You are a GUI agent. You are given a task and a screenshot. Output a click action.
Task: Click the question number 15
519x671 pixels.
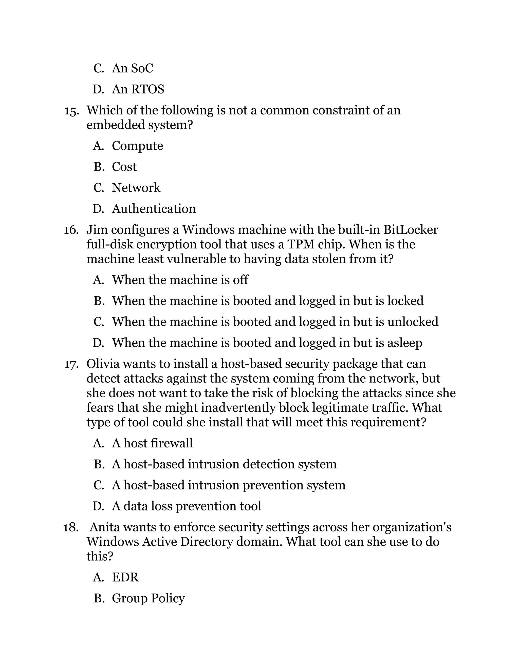pyautogui.click(x=71, y=111)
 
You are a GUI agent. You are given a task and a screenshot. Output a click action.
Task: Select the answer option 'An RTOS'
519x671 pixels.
pyautogui.click(x=138, y=89)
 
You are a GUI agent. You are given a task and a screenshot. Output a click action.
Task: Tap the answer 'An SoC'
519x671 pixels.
pyautogui.click(x=132, y=68)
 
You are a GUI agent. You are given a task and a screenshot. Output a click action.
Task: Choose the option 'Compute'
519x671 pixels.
pyautogui.click(x=137, y=146)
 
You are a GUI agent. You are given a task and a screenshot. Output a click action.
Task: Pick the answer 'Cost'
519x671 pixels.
pyautogui.click(x=124, y=167)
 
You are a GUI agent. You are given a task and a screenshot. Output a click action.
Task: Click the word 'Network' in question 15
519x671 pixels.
pyautogui.click(x=136, y=188)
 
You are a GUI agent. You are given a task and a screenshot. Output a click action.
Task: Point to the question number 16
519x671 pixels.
pyautogui.click(x=71, y=230)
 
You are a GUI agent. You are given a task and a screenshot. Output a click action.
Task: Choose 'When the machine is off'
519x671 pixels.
pyautogui.click(x=180, y=280)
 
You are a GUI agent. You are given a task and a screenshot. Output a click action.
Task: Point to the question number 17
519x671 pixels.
pyautogui.click(x=71, y=364)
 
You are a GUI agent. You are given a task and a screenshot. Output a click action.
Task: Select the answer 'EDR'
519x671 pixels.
pyautogui.click(x=125, y=577)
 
